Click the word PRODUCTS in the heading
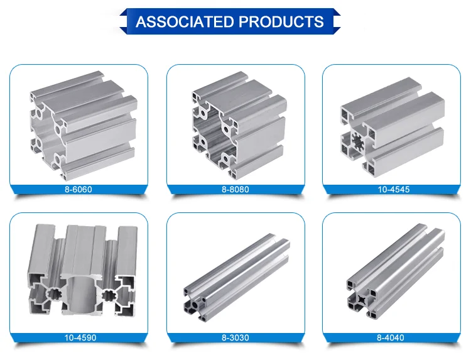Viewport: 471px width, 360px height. coord(280,21)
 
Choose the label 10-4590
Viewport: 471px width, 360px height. coord(78,338)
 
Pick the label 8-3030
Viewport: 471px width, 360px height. coord(235,338)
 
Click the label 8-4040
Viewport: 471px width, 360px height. coord(391,338)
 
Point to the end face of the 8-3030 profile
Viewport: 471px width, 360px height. coord(196,302)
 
